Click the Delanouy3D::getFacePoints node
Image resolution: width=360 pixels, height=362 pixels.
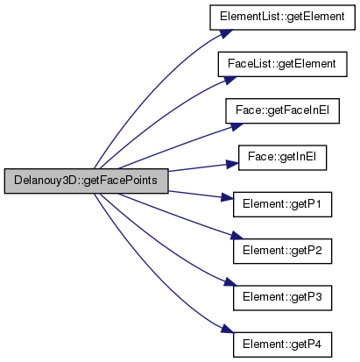tap(87, 181)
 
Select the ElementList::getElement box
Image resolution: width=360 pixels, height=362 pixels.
tap(282, 18)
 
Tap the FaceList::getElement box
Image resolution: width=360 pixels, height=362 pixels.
tap(282, 64)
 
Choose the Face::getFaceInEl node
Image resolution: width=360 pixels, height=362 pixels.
tap(282, 111)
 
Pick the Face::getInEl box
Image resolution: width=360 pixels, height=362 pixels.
tap(282, 158)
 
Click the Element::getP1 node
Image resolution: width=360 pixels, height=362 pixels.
tap(282, 204)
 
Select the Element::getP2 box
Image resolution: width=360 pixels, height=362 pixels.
tap(282, 252)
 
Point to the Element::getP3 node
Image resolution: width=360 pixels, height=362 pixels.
tap(282, 298)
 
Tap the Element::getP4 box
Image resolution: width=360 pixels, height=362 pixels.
tap(282, 344)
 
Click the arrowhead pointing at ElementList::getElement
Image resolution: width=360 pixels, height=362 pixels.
tap(226, 33)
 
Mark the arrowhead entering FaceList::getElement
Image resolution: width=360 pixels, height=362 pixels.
tap(230, 80)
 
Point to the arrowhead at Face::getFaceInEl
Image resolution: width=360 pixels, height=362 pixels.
tap(236, 126)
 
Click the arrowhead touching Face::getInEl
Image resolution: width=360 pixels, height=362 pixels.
tap(233, 165)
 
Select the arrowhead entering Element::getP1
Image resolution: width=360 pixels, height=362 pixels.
tap(228, 197)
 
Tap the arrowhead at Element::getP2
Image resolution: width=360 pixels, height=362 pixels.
tap(236, 236)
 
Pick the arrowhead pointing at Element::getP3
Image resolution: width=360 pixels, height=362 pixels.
tap(230, 282)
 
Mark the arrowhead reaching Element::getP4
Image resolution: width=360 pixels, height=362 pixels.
tap(227, 329)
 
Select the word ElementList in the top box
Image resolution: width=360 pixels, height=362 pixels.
tap(250, 17)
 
